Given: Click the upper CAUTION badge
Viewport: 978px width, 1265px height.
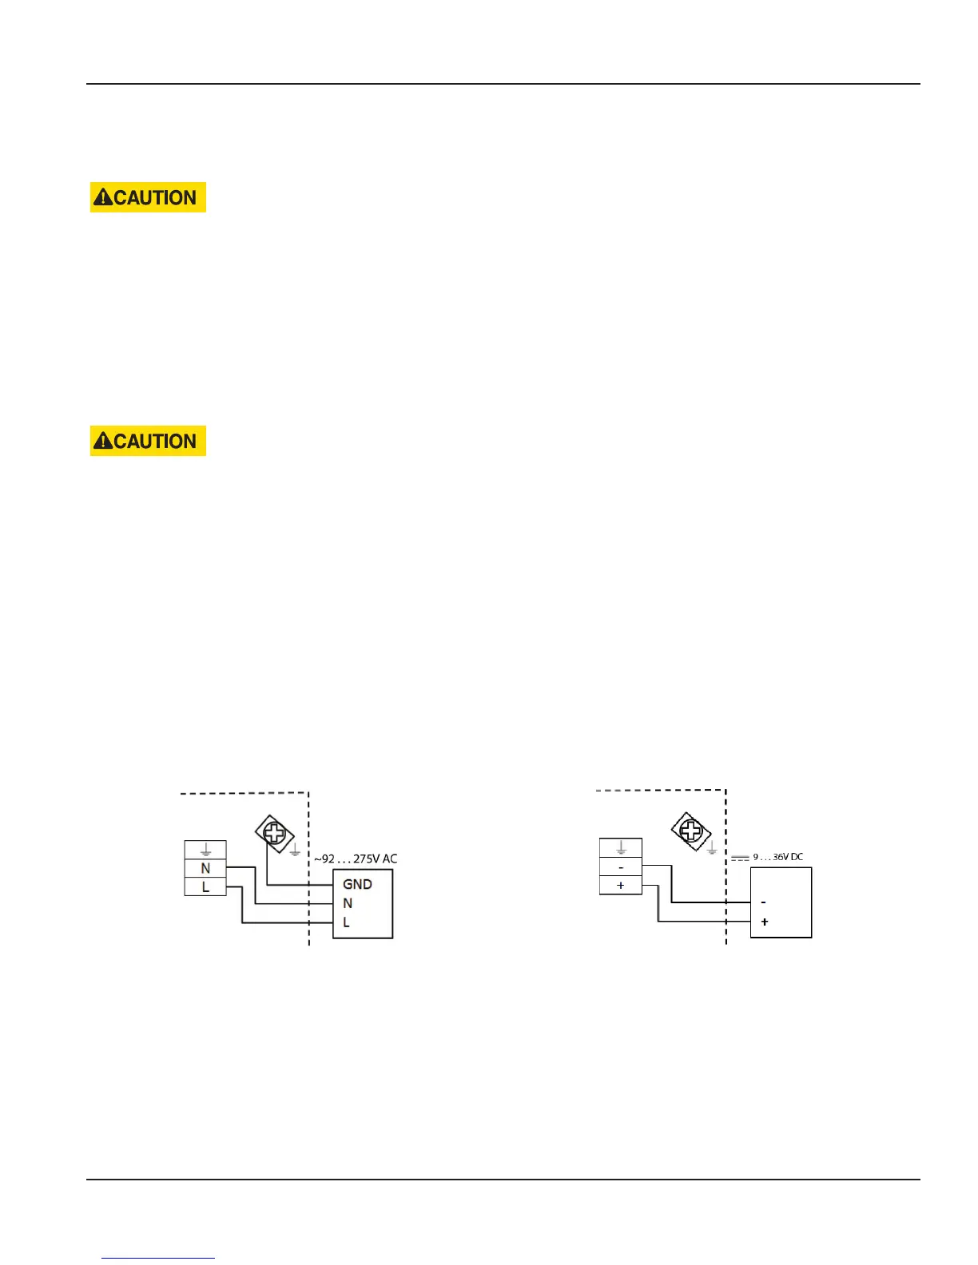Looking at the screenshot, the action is coord(148,197).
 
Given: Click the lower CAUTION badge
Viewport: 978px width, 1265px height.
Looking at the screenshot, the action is coord(148,441).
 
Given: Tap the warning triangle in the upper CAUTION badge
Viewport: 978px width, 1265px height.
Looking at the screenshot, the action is coord(102,197).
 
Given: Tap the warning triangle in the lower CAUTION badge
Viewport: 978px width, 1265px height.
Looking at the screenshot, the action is coord(102,441).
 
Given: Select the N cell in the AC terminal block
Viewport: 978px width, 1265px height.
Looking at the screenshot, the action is coord(205,868).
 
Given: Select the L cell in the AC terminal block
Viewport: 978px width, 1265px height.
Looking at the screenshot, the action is coord(205,886).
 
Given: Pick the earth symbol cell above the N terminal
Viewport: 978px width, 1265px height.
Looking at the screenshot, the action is coord(205,850).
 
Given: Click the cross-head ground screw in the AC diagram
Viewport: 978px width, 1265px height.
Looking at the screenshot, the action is coord(274,834).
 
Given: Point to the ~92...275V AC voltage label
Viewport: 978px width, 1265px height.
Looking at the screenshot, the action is coord(355,859).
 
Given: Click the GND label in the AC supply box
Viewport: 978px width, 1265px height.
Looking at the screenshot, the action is coord(357,884).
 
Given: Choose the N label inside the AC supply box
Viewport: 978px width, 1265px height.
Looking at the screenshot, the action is coord(348,903).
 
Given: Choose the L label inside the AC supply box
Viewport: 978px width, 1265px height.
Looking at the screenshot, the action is coord(346,922).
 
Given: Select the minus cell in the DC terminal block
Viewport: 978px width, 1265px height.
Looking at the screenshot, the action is coord(621,867).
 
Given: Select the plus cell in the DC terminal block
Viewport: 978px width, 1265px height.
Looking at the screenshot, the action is coord(621,886).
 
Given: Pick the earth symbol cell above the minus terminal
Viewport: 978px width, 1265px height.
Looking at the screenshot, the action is coord(621,848).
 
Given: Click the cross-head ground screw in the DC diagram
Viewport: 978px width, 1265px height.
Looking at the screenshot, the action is coord(691,831).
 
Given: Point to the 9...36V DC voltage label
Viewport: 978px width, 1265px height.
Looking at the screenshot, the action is coord(777,857).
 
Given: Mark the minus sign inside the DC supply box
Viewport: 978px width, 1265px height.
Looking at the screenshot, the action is coord(764,902).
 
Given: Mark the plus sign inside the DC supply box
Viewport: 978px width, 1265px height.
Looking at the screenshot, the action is coord(765,922).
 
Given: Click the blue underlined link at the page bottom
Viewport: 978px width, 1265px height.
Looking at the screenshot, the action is coord(159,1258).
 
